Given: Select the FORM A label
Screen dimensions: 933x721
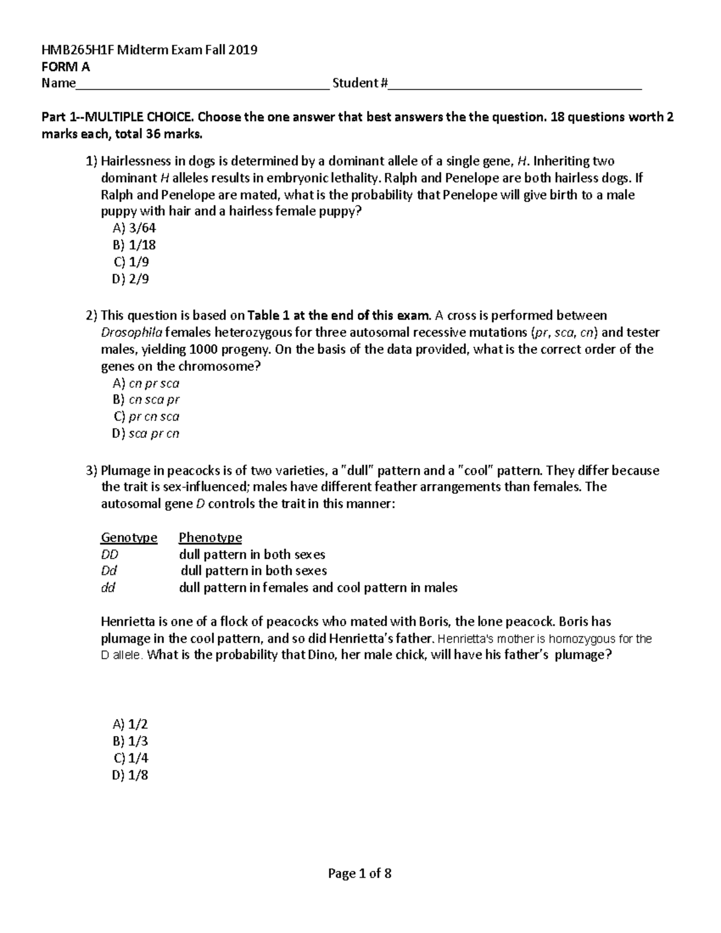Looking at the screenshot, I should pos(65,67).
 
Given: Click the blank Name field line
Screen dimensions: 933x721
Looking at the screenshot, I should pos(202,84).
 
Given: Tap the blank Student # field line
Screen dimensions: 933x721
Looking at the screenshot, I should pos(515,84).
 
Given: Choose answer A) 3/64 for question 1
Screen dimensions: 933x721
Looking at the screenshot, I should pos(134,228).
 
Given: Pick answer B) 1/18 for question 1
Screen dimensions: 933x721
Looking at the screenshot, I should pos(134,245).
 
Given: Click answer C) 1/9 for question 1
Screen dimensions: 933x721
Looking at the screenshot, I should pos(130,262).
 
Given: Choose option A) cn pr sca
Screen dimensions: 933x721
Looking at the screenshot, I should pos(145,383).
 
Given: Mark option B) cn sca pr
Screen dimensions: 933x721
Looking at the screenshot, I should pos(145,400).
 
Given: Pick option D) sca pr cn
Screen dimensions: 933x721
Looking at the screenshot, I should pos(145,433).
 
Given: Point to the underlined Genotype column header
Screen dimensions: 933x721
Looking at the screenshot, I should pos(129,537).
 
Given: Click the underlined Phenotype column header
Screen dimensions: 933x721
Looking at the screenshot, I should pos(210,537).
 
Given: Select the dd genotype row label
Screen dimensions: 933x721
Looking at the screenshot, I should pos(108,588).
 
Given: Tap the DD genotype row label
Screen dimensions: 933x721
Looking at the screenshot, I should pos(109,554).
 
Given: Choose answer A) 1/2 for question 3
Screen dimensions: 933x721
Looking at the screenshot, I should pos(130,725).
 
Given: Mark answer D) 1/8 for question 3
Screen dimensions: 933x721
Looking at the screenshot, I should pos(130,775).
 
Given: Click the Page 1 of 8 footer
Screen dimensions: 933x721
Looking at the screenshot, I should pos(360,874).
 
